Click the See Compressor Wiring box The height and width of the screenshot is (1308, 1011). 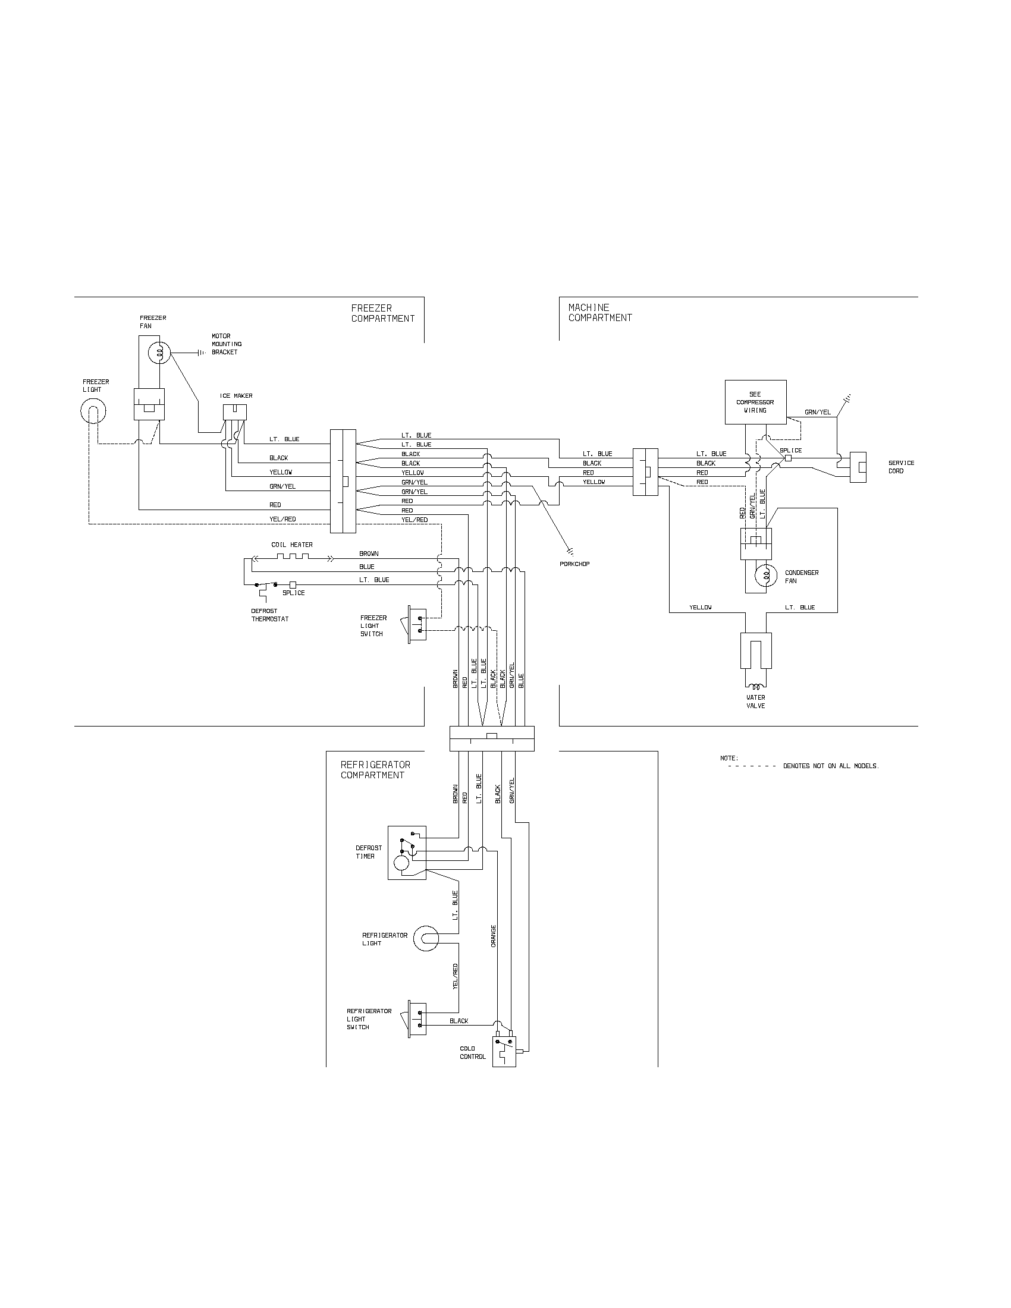click(755, 402)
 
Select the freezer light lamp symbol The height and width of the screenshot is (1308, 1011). click(93, 411)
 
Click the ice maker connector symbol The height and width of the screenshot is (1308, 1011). click(235, 412)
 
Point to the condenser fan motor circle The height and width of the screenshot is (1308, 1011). click(765, 576)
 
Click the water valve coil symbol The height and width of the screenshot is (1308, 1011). click(756, 686)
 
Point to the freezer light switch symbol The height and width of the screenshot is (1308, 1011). click(416, 624)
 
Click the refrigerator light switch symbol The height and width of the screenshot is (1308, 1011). click(416, 1018)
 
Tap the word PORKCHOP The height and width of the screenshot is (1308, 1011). click(574, 564)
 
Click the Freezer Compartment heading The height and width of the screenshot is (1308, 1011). click(383, 313)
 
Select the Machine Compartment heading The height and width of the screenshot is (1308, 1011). click(599, 313)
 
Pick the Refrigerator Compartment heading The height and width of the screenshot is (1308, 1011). click(375, 769)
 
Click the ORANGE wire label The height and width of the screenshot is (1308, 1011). click(494, 935)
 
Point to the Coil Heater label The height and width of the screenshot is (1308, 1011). click(291, 545)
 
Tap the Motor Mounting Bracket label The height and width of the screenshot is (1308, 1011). click(227, 344)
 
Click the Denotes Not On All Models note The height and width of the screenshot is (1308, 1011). click(831, 766)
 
